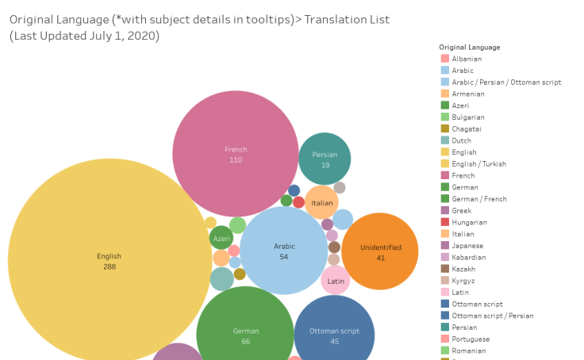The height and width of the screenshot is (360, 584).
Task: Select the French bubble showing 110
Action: click(236, 154)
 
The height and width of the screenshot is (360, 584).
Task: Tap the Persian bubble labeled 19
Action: click(325, 159)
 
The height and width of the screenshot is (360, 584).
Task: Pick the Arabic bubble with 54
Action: click(284, 251)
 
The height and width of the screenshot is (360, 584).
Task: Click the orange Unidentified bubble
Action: click(380, 251)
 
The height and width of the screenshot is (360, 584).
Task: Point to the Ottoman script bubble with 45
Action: click(334, 335)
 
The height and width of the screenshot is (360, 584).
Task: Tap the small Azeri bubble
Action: click(221, 238)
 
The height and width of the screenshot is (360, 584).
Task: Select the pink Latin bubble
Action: click(336, 280)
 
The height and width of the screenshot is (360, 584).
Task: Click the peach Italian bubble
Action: click(322, 203)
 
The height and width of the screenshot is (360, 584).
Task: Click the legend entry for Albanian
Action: click(467, 59)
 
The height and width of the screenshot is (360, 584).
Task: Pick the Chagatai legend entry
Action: click(467, 128)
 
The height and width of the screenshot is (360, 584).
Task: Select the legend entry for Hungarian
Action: click(469, 222)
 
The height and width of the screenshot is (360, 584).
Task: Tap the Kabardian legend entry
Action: click(469, 257)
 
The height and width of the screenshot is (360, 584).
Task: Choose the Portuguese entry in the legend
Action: click(471, 339)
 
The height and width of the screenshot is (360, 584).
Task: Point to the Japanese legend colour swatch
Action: click(445, 246)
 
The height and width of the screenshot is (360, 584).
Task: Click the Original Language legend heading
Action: click(471, 47)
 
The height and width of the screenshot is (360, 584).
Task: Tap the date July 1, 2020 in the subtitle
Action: click(124, 36)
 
